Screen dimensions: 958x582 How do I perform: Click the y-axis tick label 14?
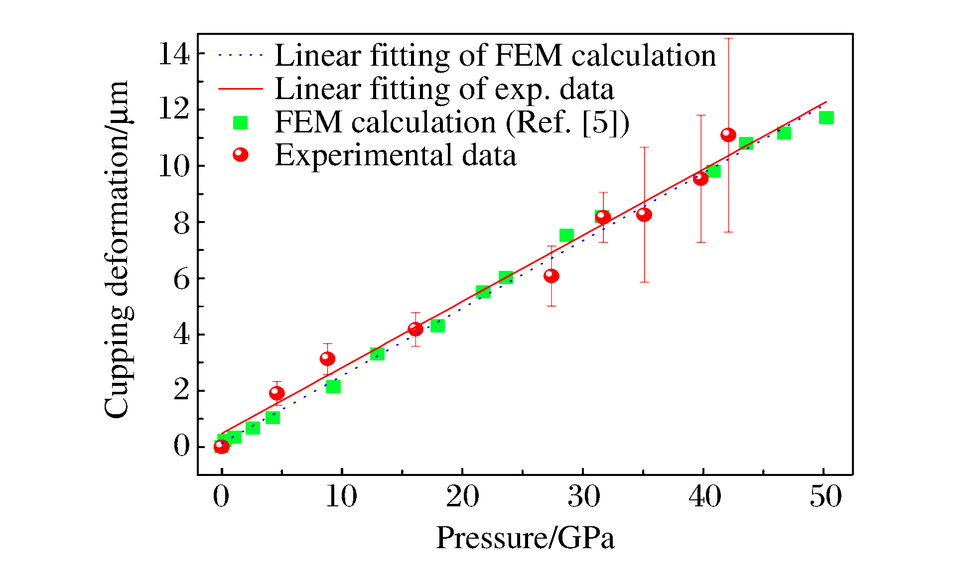point(174,54)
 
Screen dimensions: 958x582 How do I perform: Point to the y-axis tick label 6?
point(182,279)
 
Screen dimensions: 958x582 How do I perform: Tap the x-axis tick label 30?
point(583,496)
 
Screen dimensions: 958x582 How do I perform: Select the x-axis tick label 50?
point(825,496)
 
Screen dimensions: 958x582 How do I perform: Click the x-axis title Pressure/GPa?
point(526,539)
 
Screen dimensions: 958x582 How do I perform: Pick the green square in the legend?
point(241,122)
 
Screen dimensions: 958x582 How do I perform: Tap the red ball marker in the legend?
point(241,155)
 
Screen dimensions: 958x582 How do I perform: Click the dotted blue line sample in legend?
point(241,55)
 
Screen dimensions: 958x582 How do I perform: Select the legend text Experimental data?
point(396,155)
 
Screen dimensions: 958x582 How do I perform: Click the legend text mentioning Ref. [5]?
point(452,122)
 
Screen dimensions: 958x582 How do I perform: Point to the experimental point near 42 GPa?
point(728,135)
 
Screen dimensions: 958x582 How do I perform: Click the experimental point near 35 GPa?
point(644,215)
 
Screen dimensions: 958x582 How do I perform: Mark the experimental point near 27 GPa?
point(551,276)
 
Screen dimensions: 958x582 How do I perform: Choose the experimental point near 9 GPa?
point(327,359)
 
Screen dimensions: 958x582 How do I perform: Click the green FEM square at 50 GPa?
point(826,117)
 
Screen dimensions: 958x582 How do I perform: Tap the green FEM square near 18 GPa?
point(437,326)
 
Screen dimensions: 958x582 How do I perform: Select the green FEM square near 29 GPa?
point(566,235)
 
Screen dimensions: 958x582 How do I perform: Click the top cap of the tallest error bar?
point(728,38)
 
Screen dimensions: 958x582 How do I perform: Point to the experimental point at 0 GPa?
point(222,446)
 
